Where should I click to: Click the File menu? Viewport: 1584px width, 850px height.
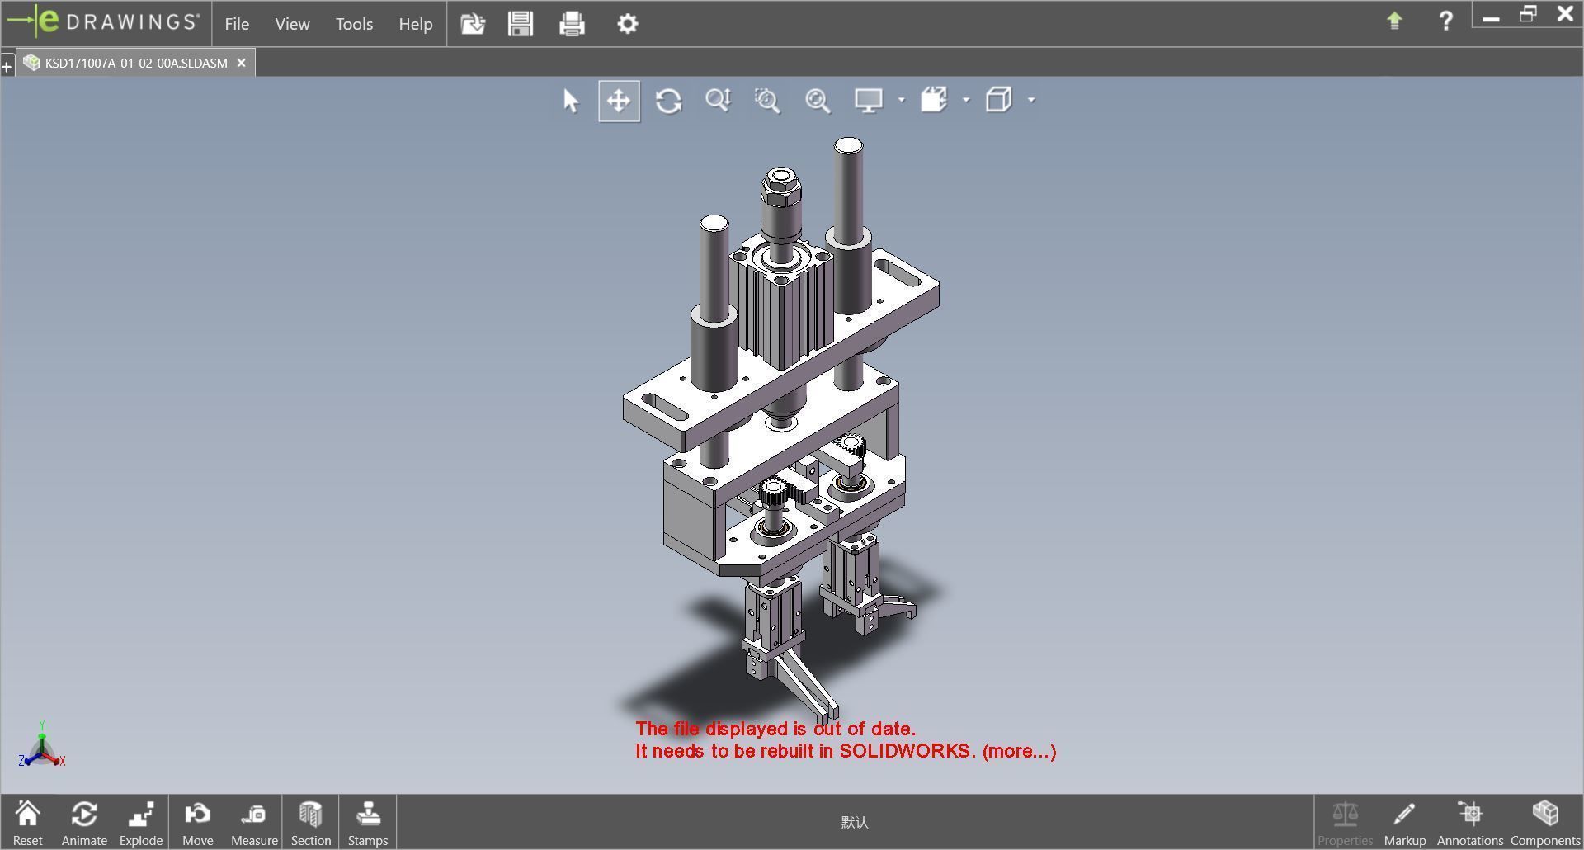pos(237,24)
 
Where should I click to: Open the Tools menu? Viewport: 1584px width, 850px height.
pos(354,24)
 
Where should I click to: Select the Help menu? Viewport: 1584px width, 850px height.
pos(415,24)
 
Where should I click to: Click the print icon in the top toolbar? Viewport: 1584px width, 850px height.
pos(572,23)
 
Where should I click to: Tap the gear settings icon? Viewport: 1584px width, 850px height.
pos(627,23)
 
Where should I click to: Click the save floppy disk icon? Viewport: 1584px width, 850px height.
pos(521,23)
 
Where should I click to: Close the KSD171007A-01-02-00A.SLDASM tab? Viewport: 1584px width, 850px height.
pos(241,63)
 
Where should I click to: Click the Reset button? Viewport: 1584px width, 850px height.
pos(27,823)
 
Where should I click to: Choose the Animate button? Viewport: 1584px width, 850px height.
pos(84,823)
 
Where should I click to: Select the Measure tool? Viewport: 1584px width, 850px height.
pos(254,823)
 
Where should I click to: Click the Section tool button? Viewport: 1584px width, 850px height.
pos(310,823)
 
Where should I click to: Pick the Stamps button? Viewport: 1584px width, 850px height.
pos(367,823)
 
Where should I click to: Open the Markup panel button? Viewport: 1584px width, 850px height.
pos(1404,823)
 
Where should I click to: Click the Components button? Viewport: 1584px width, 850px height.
pos(1544,823)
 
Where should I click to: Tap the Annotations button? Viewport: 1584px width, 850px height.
pos(1469,823)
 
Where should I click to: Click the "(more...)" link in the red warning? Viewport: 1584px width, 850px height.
pos(1019,751)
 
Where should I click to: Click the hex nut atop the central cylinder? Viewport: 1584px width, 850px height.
pos(780,189)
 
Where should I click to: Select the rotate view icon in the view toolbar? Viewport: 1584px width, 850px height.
pos(668,101)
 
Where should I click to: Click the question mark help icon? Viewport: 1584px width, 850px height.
pos(1445,21)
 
